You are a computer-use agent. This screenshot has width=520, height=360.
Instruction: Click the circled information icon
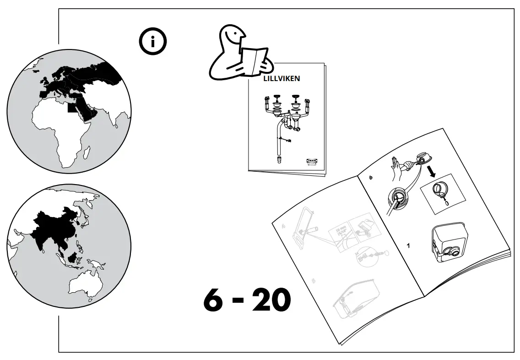[153, 42]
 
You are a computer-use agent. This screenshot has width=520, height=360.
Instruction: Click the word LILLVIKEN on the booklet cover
[282, 78]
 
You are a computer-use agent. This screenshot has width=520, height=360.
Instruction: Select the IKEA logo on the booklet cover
[311, 162]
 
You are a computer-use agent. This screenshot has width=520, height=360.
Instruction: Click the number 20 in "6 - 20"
[271, 300]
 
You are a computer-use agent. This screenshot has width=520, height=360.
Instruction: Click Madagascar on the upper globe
[85, 151]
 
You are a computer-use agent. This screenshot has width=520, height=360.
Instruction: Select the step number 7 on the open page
[409, 246]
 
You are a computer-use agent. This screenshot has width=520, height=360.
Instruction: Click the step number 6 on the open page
[370, 177]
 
